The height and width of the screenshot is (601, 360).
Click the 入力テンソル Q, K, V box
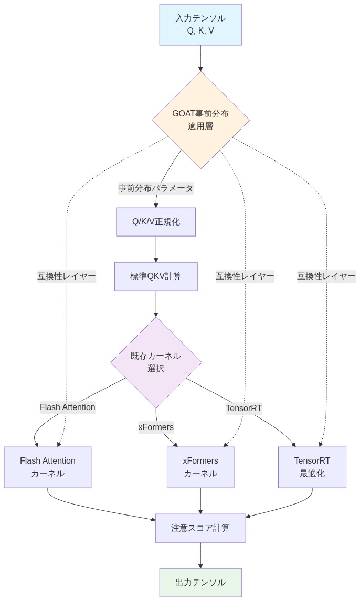pos(200,25)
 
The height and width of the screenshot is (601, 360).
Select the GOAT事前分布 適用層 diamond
pos(200,120)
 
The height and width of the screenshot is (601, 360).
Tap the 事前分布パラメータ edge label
pos(156,188)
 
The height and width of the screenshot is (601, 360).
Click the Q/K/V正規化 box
pos(156,222)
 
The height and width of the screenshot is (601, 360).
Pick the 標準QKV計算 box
pos(156,276)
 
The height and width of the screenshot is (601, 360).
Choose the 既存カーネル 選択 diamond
pos(156,362)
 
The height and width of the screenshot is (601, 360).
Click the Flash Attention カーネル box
pos(48,467)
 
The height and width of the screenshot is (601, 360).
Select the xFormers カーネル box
pos(200,467)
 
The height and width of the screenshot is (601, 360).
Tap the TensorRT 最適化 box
pos(312,467)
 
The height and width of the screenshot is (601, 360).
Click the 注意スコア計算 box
pos(200,528)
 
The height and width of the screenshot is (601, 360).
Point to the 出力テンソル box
pos(200,583)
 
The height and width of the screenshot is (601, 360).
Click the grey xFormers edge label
pos(156,427)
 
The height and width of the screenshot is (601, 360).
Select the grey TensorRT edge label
pos(244,408)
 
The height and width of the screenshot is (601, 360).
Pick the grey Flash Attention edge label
pos(68,407)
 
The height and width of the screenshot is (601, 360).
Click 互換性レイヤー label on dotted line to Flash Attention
pos(67,276)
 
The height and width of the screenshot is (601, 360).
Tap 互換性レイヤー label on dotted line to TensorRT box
pos(326,276)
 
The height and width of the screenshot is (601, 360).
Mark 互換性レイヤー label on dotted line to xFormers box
pos(245,276)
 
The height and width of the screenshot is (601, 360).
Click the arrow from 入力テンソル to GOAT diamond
pos(200,58)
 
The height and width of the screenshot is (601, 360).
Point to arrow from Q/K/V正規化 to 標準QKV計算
pos(156,249)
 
